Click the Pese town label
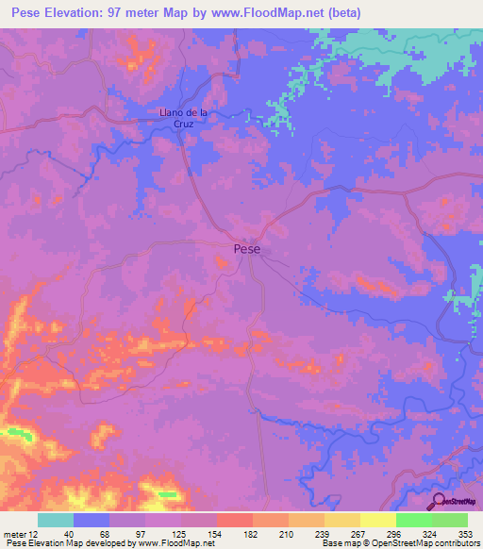click(246, 250)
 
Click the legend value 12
click(36, 533)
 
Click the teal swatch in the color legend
click(56, 520)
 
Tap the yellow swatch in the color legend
click(377, 520)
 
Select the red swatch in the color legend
click(234, 520)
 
